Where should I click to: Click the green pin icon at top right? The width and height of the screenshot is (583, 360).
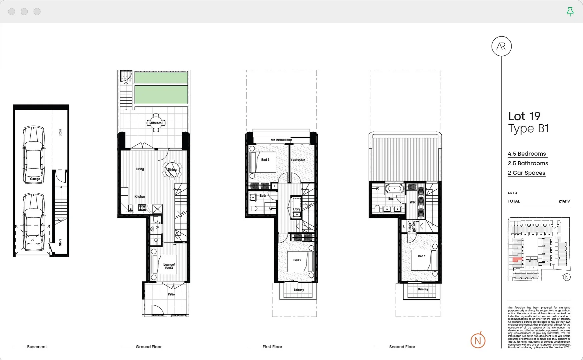[570, 12]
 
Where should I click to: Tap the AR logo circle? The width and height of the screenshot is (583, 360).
[501, 46]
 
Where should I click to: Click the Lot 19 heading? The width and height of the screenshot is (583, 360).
[524, 116]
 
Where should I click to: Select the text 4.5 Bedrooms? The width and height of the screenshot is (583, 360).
[527, 154]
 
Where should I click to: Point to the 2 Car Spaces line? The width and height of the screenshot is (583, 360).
[526, 173]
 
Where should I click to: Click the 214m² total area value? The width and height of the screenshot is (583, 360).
[564, 201]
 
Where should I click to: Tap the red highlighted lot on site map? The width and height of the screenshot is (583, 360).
[517, 260]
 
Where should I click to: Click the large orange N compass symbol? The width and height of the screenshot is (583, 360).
[478, 341]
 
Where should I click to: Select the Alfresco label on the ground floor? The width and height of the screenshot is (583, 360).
[156, 123]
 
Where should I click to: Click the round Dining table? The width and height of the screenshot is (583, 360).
[172, 169]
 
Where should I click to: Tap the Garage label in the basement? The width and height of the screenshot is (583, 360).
[35, 179]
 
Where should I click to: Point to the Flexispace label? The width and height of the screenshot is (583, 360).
[298, 160]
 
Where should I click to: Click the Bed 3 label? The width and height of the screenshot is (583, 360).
[265, 160]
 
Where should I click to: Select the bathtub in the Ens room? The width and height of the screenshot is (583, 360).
[395, 189]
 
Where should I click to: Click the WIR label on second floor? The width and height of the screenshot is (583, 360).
[413, 202]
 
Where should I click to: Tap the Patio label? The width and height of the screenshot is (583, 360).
[171, 294]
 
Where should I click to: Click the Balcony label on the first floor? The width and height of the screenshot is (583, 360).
[299, 290]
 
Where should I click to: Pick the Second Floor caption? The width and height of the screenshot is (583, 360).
[402, 347]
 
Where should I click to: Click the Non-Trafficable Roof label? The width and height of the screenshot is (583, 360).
[281, 140]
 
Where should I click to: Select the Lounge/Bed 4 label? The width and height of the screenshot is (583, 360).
[169, 266]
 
